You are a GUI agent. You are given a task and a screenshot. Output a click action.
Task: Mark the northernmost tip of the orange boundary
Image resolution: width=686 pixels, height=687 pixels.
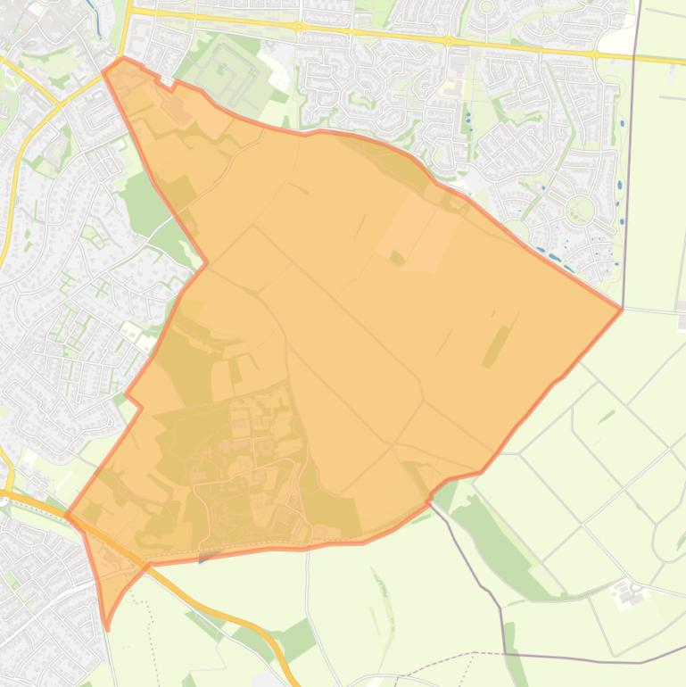[123, 59]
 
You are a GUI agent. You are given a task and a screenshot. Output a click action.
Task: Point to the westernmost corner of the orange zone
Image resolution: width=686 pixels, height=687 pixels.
[66, 515]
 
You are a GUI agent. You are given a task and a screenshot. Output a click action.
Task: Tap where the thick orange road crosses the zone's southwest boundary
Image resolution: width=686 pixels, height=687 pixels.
[143, 564]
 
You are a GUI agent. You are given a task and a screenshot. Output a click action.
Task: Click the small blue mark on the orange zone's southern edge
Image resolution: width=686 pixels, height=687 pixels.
[203, 559]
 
